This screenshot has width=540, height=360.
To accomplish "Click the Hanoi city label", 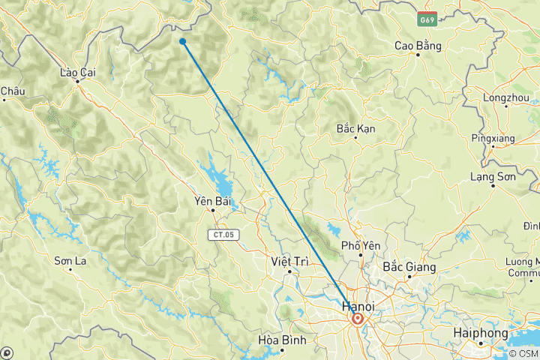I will pyautogui.click(x=358, y=306).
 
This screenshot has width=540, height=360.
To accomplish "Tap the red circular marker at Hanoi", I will pyautogui.click(x=358, y=319).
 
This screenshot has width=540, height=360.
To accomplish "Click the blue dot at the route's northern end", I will pyautogui.click(x=183, y=41).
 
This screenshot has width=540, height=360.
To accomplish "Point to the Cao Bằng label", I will pyautogui.click(x=418, y=46).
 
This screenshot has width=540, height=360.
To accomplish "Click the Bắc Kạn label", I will pyautogui.click(x=355, y=129).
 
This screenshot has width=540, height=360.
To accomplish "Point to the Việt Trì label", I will pyautogui.click(x=288, y=261).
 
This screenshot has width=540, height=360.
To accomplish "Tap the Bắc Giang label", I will pyautogui.click(x=409, y=266).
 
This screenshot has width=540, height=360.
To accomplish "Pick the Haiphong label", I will pyautogui.click(x=481, y=331).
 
